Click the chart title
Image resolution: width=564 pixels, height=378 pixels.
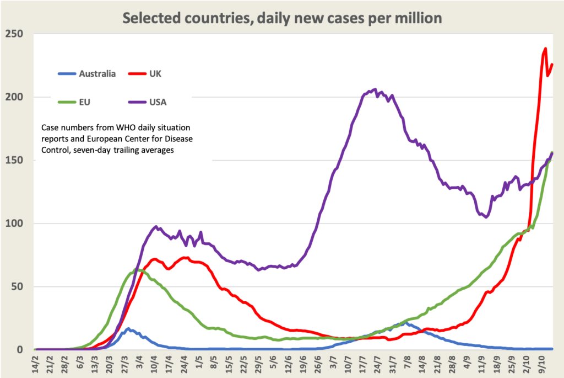[x=282, y=18]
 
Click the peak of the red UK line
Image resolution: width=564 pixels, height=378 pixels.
[x=545, y=49]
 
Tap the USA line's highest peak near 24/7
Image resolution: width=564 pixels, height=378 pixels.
[x=375, y=89]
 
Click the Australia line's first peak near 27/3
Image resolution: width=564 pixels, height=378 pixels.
[x=128, y=329]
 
